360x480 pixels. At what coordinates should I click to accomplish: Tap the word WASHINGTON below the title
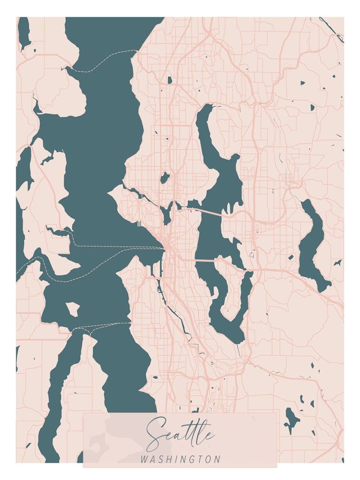(x=180, y=459)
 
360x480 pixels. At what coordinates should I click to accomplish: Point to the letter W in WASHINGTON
(x=144, y=459)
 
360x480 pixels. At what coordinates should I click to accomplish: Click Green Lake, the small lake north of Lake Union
(x=165, y=178)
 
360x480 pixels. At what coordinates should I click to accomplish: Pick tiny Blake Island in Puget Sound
(x=73, y=309)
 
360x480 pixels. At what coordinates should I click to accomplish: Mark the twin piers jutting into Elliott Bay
(x=138, y=223)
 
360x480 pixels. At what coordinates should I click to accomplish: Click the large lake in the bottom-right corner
(x=291, y=418)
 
